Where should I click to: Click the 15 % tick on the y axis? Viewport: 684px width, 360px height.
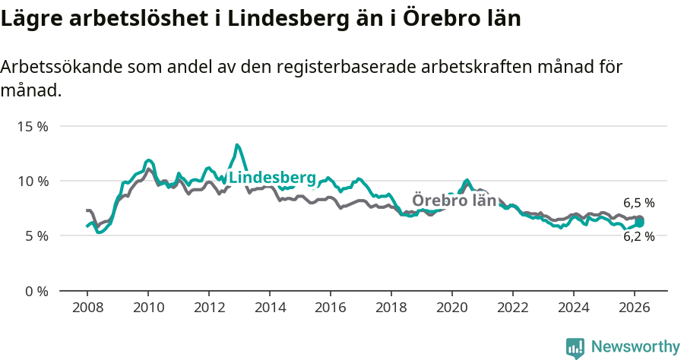33,126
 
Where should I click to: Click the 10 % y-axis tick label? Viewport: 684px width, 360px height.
33,181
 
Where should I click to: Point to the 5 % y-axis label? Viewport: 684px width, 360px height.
36,236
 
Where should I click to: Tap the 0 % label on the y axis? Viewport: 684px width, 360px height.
36,291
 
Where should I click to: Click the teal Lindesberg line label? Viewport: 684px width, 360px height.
272,178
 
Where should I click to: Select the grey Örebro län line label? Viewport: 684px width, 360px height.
454,201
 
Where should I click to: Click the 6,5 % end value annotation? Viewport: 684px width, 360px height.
638,204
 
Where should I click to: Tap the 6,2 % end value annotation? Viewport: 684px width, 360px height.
638,236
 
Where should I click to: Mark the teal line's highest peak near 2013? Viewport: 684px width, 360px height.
237,144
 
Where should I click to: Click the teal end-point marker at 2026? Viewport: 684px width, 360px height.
640,223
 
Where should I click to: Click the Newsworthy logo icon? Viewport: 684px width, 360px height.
575,348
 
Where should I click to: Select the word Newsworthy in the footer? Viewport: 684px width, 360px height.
635,347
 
